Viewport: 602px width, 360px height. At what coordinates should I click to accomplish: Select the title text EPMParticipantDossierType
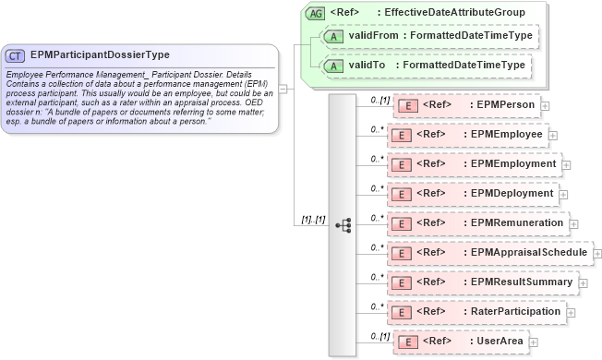coord(99,54)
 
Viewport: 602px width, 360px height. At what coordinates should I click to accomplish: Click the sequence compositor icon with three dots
coord(343,224)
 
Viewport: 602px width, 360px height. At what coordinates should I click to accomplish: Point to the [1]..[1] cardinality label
coord(313,220)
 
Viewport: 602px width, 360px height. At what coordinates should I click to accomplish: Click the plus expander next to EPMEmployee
coord(552,136)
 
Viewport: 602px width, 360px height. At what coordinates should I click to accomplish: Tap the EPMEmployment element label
coord(513,164)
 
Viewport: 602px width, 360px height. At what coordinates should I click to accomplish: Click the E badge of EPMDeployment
coord(401,194)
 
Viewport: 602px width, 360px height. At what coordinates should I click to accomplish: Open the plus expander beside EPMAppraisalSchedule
coord(596,253)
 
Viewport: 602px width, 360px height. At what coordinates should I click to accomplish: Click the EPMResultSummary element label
coord(521,282)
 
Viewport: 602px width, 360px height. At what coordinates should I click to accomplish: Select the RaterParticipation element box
coord(476,312)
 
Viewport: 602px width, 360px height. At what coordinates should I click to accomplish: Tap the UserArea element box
coord(462,342)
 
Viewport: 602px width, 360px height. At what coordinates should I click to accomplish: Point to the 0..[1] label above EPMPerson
coord(379,98)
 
